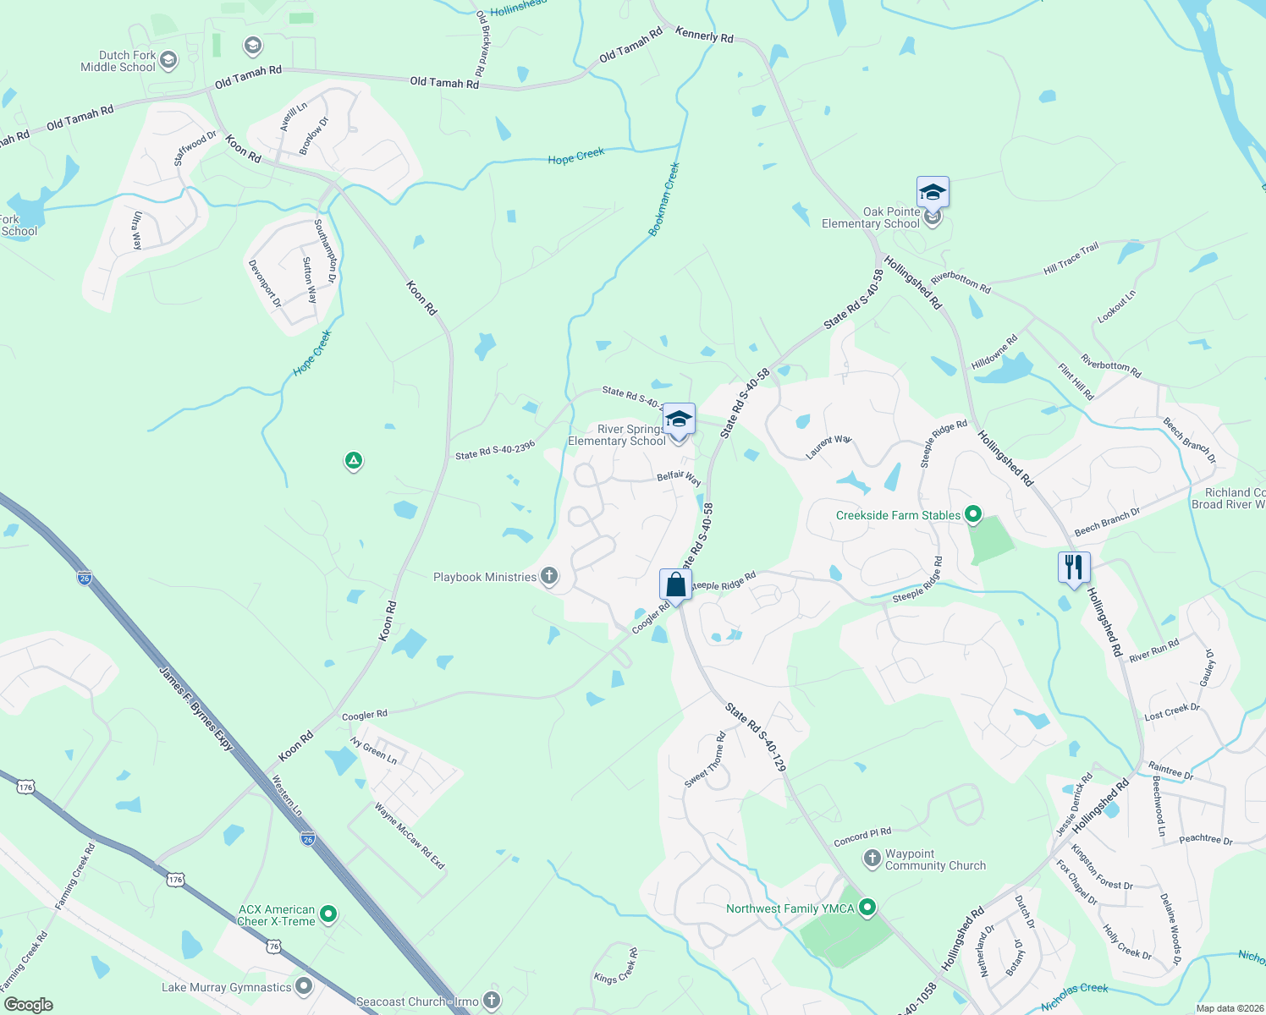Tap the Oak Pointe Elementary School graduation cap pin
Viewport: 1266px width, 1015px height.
[932, 193]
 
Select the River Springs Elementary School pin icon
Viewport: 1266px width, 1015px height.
[678, 420]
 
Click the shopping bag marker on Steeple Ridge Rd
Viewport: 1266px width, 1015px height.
[675, 584]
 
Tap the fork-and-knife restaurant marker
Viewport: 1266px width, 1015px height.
[1074, 567]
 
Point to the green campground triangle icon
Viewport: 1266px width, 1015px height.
[354, 461]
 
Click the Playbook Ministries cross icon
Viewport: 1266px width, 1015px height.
[549, 577]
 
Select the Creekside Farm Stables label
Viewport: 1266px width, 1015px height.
[898, 515]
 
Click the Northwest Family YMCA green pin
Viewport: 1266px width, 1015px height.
[867, 908]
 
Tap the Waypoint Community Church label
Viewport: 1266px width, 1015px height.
[935, 859]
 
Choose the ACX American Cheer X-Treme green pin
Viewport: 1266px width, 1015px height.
[329, 913]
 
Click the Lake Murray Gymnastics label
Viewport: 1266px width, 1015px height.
[226, 987]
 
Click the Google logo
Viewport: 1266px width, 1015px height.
[29, 1005]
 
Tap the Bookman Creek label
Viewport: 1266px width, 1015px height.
[664, 200]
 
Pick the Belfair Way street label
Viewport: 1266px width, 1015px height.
[679, 478]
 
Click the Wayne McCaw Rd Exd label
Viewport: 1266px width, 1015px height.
[410, 836]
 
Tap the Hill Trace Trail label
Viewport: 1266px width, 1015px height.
[1071, 258]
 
